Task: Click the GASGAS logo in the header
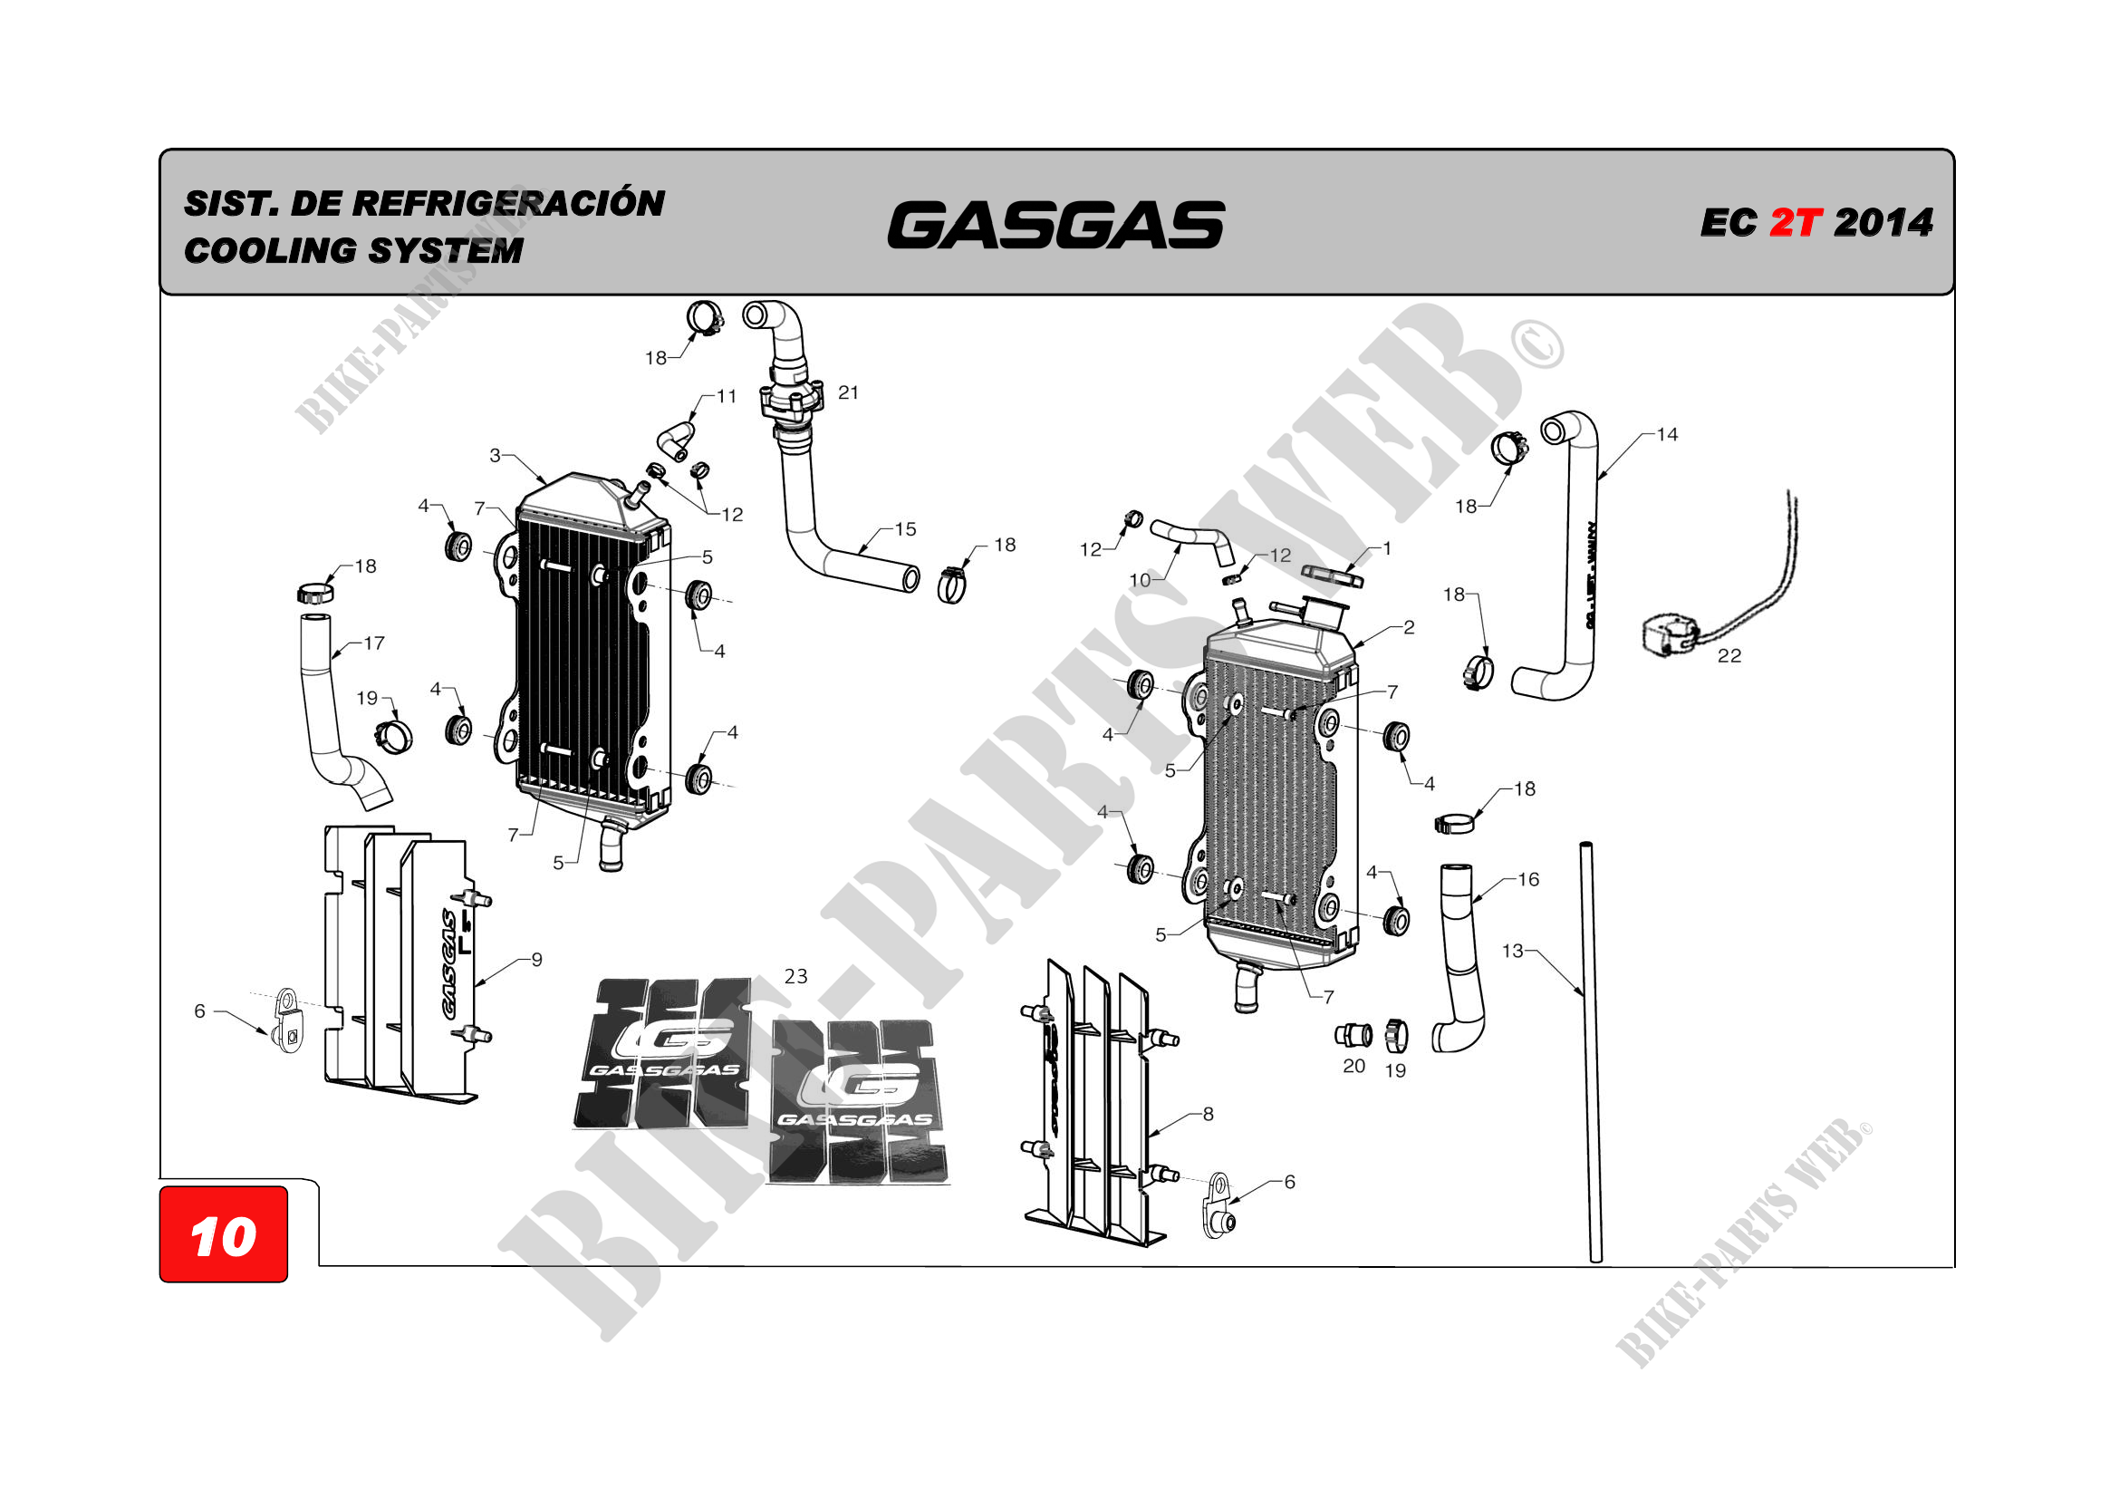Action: point(1055,226)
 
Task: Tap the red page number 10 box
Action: point(224,1235)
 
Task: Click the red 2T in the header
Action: point(1795,222)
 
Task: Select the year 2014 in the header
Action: point(1883,222)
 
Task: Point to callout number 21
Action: point(848,393)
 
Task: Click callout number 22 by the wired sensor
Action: point(1729,656)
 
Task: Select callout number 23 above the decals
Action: point(795,977)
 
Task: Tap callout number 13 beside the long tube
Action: point(1512,951)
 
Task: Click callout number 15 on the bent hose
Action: point(905,530)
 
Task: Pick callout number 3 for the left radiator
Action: point(495,455)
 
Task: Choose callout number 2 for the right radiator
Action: point(1409,628)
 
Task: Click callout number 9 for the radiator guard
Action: point(536,960)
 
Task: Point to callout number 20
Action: point(1353,1066)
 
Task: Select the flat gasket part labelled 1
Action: point(1332,575)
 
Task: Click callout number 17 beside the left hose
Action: point(374,643)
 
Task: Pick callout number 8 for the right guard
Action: point(1207,1114)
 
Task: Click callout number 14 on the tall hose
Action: point(1667,435)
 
